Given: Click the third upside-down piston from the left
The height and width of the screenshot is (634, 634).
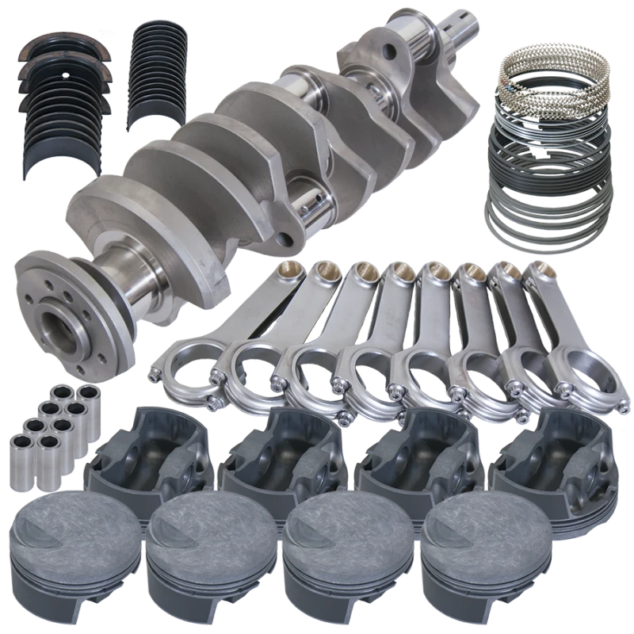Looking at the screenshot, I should pyautogui.click(x=412, y=456).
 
